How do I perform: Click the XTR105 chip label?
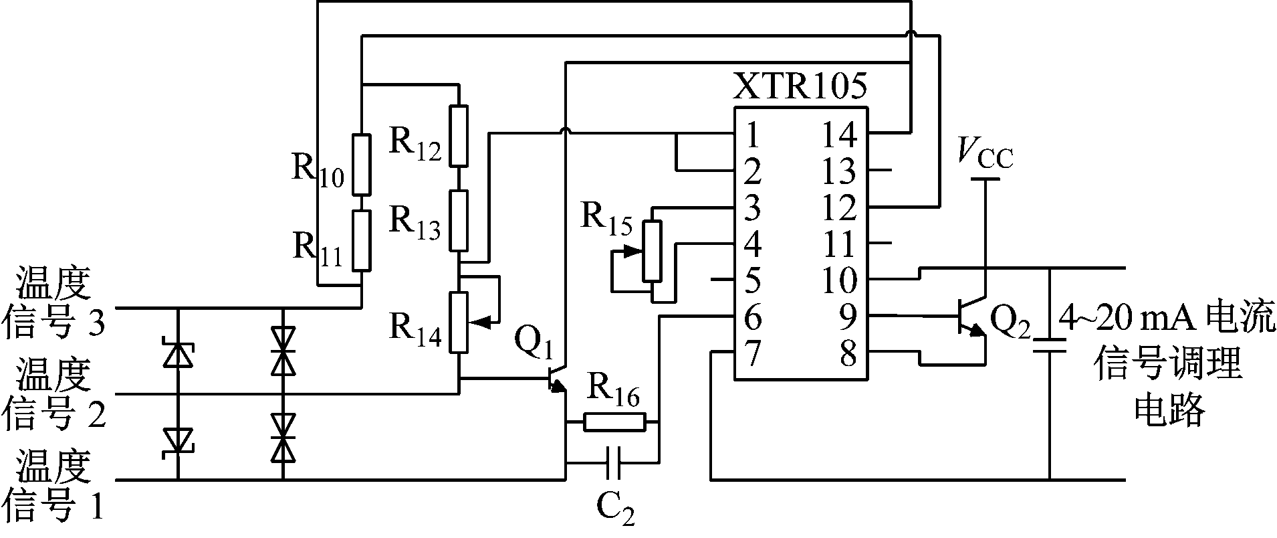click(800, 86)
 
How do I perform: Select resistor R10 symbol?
click(361, 163)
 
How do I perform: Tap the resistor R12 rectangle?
click(459, 134)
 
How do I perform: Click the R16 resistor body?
click(614, 422)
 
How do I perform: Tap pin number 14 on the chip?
click(838, 134)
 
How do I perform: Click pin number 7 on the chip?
click(753, 354)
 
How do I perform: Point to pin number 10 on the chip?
click(838, 281)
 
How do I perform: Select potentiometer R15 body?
click(652, 252)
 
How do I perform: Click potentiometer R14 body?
click(459, 322)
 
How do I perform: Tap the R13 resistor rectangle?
click(459, 220)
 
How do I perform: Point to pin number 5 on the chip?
click(753, 280)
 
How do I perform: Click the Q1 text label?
click(533, 345)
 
